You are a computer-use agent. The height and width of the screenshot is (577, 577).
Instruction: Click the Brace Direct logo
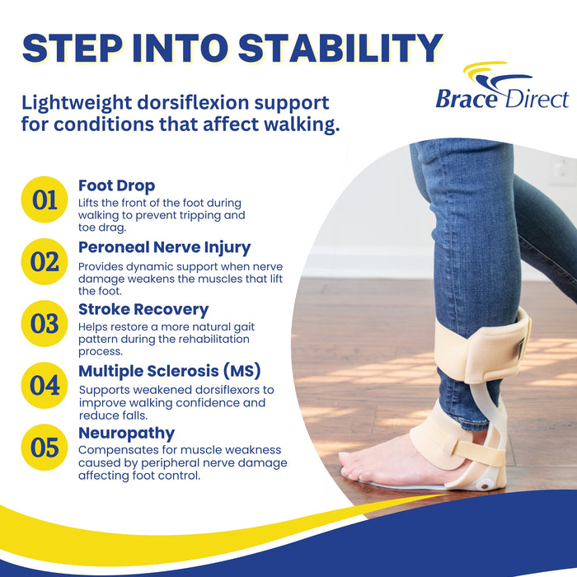pos(502,87)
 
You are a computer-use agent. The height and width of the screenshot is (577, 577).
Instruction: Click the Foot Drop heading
pos(116,185)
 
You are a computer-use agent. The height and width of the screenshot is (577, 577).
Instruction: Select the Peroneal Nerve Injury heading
pos(164,247)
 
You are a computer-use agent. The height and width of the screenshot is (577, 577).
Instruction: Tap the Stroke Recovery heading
pos(143,310)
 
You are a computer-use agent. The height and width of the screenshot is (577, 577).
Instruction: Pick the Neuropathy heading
pos(126,433)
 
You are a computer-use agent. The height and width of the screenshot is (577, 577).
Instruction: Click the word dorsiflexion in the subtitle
pos(201,104)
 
